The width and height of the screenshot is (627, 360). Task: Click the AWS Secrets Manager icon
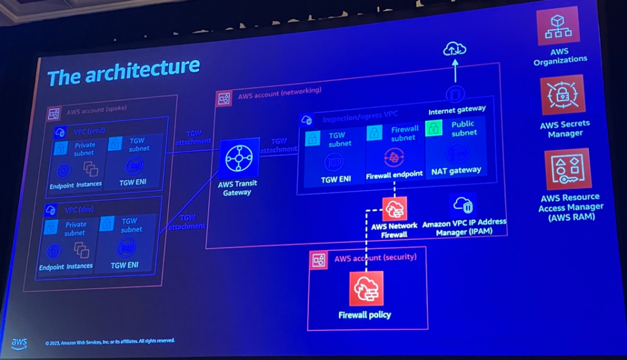pyautogui.click(x=563, y=95)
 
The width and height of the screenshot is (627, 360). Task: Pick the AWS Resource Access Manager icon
pyautogui.click(x=568, y=169)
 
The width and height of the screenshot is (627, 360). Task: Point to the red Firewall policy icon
pyautogui.click(x=366, y=289)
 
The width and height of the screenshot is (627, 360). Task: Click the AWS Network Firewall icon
pyautogui.click(x=394, y=209)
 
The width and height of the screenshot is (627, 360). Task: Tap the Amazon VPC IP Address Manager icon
pyautogui.click(x=463, y=206)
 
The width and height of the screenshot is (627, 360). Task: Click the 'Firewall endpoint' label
pyautogui.click(x=394, y=176)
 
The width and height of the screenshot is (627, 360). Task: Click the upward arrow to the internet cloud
pyautogui.click(x=455, y=70)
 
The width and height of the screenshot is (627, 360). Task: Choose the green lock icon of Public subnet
pyautogui.click(x=434, y=127)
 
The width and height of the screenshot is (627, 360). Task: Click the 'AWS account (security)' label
pyautogui.click(x=375, y=259)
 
